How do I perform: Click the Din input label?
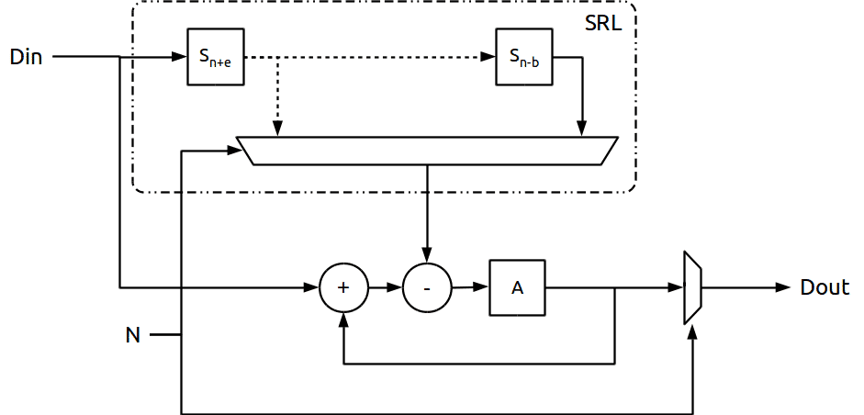(x=27, y=57)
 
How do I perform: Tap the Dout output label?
(x=825, y=287)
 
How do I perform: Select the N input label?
(x=133, y=334)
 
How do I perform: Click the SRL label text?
(x=603, y=23)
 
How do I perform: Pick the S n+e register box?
(x=216, y=57)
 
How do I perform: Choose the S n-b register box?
(x=524, y=57)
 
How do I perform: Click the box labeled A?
(x=518, y=287)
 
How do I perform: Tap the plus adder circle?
(x=343, y=287)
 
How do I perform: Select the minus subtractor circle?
(x=427, y=287)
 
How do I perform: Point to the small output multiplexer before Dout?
(x=692, y=287)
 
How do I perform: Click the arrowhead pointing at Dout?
(x=783, y=287)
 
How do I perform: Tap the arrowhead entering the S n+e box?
(x=180, y=57)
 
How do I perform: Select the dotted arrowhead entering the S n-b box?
(x=488, y=57)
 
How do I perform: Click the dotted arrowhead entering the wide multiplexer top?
(x=277, y=129)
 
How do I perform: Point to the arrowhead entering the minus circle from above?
(x=427, y=256)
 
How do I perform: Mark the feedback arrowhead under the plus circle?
(x=343, y=320)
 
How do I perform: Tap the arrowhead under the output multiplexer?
(x=692, y=331)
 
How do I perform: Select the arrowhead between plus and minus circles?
(x=395, y=287)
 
